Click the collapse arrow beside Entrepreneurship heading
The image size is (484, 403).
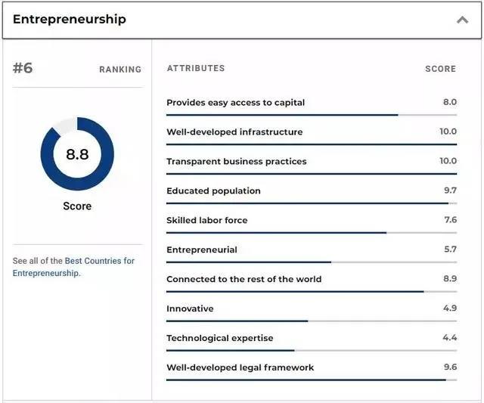click(x=462, y=20)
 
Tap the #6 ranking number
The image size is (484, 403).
click(x=23, y=68)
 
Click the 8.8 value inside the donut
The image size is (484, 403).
click(x=77, y=154)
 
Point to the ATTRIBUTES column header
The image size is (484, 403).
click(x=196, y=68)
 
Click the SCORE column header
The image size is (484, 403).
click(x=440, y=69)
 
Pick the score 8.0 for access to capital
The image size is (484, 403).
click(x=449, y=102)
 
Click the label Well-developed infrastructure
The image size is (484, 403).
click(x=234, y=132)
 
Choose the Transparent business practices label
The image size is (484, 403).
click(x=237, y=161)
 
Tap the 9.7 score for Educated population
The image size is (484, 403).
click(x=450, y=191)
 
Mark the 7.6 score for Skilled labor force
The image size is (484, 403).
click(x=450, y=220)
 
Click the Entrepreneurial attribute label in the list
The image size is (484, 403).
click(x=202, y=250)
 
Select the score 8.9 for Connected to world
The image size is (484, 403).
click(x=450, y=279)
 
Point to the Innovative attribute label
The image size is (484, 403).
click(x=190, y=308)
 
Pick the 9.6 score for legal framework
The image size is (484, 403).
click(x=450, y=367)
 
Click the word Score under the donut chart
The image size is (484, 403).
click(x=77, y=206)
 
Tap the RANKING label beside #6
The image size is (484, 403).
click(x=120, y=70)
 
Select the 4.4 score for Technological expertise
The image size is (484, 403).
click(x=450, y=338)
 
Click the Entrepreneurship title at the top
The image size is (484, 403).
click(x=70, y=19)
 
